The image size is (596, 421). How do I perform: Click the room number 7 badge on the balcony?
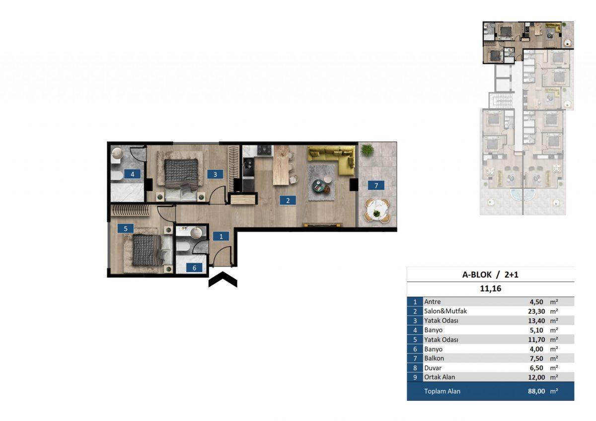click(376, 185)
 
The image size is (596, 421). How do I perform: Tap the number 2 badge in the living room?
click(288, 200)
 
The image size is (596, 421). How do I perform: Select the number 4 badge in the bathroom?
click(132, 174)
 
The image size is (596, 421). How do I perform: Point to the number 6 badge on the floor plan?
click(194, 268)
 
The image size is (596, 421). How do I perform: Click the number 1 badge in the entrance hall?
click(221, 236)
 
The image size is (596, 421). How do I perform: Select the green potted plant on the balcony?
click(367, 150)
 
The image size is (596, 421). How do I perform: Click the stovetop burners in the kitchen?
click(265, 150)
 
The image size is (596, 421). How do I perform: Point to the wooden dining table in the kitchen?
click(281, 165)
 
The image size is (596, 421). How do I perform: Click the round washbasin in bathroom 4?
click(117, 153)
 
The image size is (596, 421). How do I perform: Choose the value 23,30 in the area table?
click(536, 311)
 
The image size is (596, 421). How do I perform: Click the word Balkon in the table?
click(434, 358)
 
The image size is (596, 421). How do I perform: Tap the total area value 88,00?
click(536, 391)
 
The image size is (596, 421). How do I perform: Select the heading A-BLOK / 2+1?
click(490, 275)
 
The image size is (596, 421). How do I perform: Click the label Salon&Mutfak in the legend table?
click(446, 311)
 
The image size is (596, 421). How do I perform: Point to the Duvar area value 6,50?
click(536, 368)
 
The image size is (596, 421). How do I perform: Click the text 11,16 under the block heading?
click(490, 288)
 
